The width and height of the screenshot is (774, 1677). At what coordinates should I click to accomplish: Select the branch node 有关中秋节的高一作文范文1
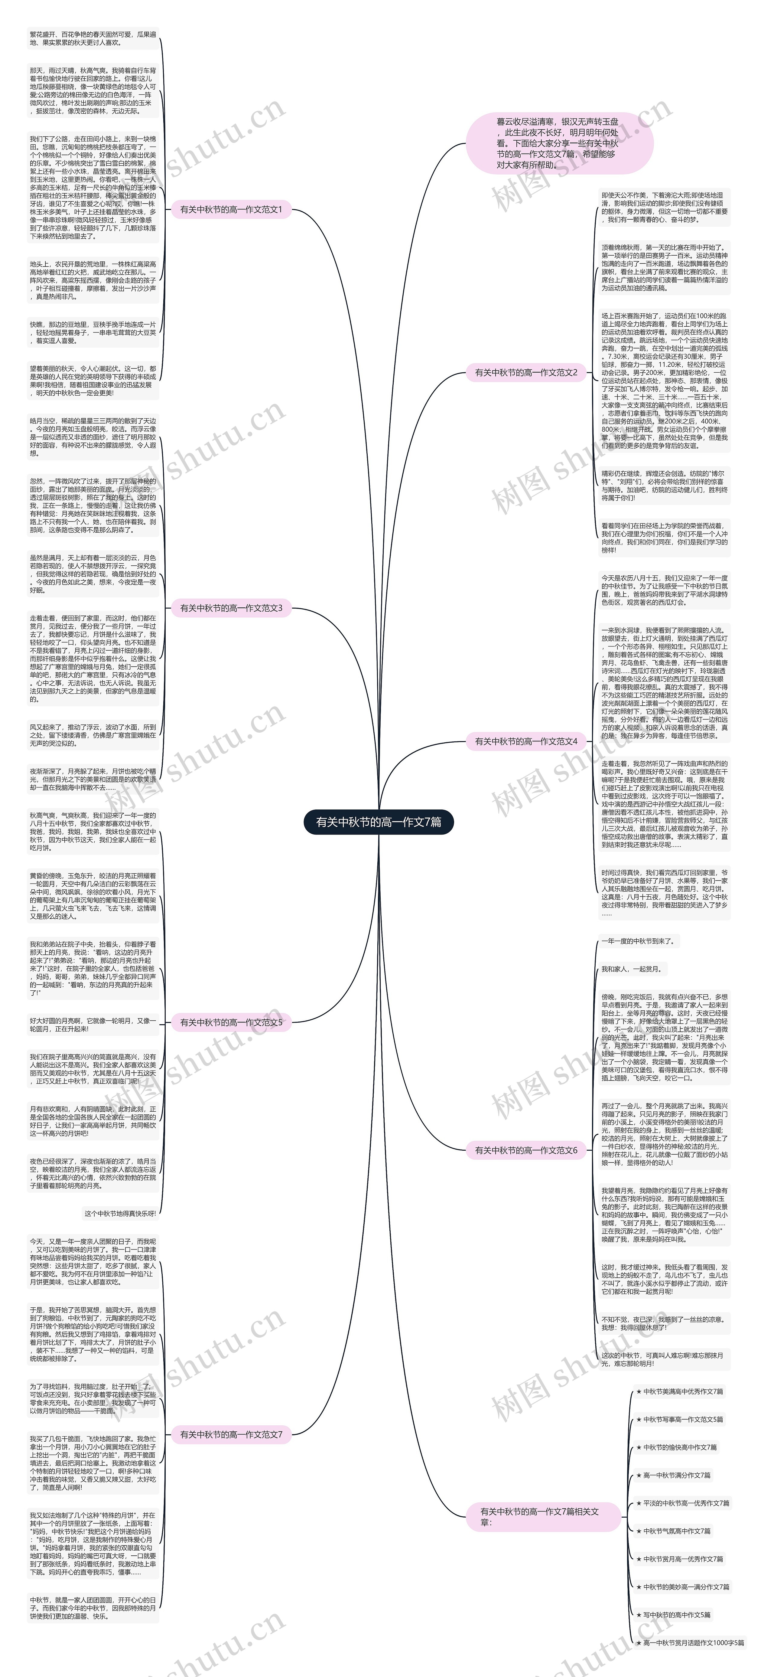coord(231,210)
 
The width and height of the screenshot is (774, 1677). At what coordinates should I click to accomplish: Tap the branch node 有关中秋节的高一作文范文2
coord(526,372)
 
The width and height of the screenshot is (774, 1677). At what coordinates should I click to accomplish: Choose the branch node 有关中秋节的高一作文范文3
coord(231,608)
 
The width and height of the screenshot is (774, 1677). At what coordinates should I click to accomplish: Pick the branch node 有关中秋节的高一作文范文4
coord(526,741)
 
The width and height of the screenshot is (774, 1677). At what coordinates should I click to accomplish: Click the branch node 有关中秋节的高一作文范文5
coord(231,1022)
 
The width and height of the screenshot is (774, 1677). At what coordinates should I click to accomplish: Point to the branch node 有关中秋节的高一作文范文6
coord(526,1150)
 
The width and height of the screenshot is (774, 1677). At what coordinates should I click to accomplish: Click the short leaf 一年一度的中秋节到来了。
coord(638,941)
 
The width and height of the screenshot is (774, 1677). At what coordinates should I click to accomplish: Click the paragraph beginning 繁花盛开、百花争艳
coord(93,38)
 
